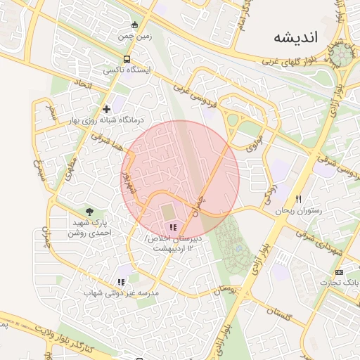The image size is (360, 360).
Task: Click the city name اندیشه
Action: [x=297, y=37]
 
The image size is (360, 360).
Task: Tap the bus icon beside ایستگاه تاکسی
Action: [x=127, y=60]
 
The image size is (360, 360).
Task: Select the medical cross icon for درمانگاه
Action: [x=106, y=109]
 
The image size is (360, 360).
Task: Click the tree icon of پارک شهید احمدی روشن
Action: [x=89, y=211]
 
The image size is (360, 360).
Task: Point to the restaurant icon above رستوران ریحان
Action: [x=298, y=200]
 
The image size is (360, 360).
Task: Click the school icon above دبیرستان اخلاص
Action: [x=172, y=227]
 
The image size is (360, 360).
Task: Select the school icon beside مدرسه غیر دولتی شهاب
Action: [x=121, y=282]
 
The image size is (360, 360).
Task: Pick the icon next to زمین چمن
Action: [x=134, y=25]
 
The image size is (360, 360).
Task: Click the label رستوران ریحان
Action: [x=297, y=210]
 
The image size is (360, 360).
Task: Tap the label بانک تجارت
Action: [x=339, y=282]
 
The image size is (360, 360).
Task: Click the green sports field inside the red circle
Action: [x=169, y=211]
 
